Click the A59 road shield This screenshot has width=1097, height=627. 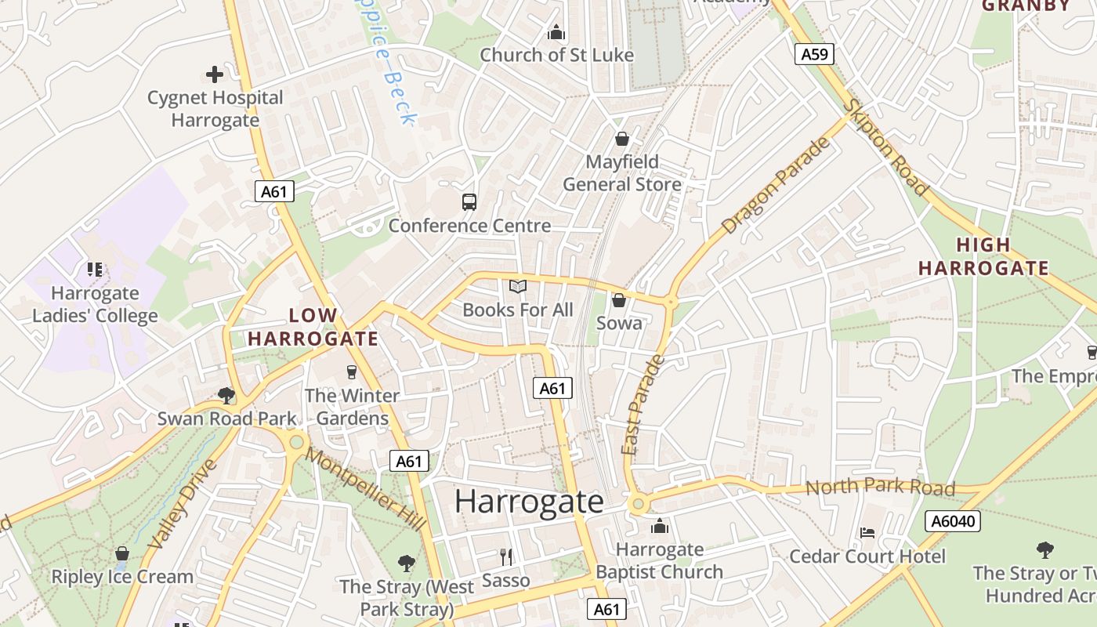(x=814, y=54)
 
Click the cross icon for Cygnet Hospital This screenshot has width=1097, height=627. (x=215, y=74)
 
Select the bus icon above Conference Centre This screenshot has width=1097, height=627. (x=469, y=202)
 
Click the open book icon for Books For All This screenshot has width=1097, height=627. (x=517, y=287)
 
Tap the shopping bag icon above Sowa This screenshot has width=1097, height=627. (x=619, y=300)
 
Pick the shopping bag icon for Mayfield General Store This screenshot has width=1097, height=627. (x=622, y=140)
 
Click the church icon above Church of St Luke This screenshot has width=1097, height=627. (x=556, y=32)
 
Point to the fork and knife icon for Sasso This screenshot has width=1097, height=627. (x=506, y=557)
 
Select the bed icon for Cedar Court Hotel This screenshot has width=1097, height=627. (x=867, y=533)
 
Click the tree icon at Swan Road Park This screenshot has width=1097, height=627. (x=226, y=395)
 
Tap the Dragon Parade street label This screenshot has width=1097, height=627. (x=775, y=187)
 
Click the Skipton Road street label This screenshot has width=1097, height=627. (x=886, y=148)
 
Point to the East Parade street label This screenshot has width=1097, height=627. (x=642, y=405)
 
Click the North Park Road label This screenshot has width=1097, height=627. (x=880, y=488)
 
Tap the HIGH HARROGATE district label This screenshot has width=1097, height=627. (x=983, y=256)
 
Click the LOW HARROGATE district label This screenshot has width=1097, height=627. (x=313, y=327)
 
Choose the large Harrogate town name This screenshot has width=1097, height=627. (x=529, y=502)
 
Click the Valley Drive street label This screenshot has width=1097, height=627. (x=181, y=504)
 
